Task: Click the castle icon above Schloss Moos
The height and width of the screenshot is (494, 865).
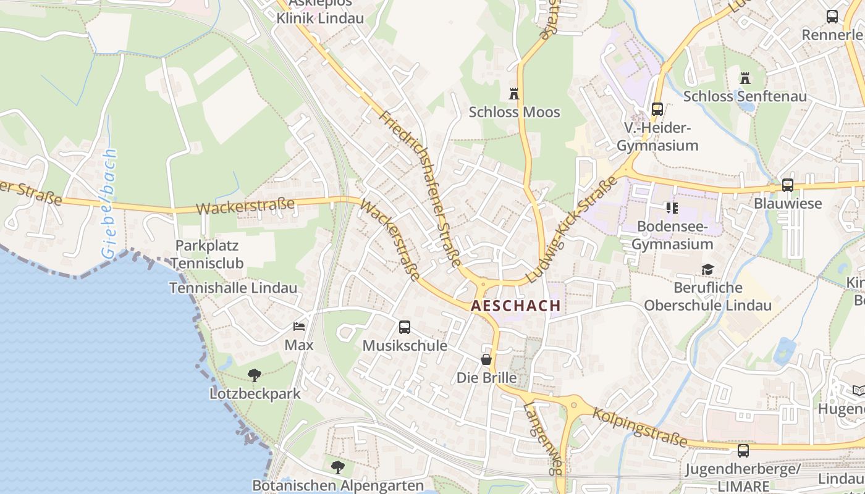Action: tap(513, 94)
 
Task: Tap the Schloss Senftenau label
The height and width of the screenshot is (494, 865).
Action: tap(745, 97)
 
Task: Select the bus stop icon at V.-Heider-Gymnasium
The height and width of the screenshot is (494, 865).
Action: tap(657, 109)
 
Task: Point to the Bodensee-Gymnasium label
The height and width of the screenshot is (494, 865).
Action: tap(672, 235)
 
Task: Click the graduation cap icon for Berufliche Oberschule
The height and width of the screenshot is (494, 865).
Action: tap(707, 270)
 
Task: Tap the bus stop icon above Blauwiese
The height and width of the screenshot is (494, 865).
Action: tap(787, 185)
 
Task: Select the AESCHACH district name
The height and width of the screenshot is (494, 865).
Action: tap(516, 306)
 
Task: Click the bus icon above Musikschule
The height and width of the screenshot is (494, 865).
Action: tap(405, 327)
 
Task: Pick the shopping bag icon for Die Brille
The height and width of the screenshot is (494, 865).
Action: tap(487, 359)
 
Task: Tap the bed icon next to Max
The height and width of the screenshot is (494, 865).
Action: tap(299, 327)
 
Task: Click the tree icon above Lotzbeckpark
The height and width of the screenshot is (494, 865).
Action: tap(254, 375)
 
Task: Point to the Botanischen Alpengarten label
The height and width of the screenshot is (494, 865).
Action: tap(338, 486)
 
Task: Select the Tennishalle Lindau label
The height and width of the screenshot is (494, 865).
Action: tap(233, 288)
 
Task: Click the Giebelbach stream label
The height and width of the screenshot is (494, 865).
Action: tap(109, 203)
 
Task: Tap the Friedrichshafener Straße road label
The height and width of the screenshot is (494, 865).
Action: tap(421, 188)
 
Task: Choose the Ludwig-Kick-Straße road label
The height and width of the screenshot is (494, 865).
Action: tap(571, 229)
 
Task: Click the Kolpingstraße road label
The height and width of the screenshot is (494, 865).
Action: tap(639, 427)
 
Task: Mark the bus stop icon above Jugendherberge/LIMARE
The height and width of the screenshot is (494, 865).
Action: tap(743, 451)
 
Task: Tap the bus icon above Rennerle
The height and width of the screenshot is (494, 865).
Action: tap(832, 17)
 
